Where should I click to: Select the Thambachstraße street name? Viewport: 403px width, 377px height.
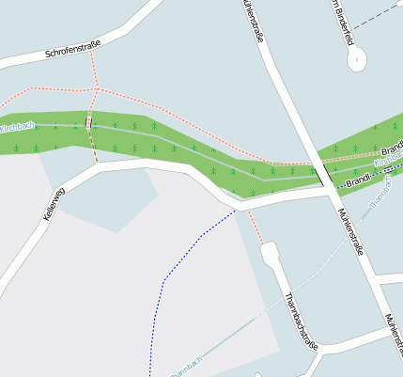tap(302, 321)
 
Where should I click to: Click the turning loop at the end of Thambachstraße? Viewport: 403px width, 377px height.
tap(270, 253)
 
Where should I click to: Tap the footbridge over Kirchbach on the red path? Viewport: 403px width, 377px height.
tap(88, 122)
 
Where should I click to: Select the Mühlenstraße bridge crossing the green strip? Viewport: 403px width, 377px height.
tap(320, 173)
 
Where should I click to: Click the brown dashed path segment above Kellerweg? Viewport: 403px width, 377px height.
tap(93, 147)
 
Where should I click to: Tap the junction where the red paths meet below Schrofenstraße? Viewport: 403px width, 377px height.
tap(96, 88)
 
